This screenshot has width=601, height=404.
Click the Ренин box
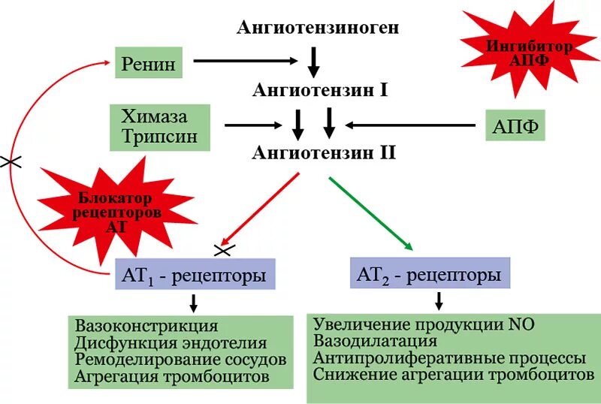pos(149,65)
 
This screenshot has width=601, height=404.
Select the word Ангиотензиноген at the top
pos(318,29)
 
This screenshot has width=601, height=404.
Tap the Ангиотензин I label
pos(319,92)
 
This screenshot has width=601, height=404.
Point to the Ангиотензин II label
pos(323,153)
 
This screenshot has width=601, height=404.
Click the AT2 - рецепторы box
pos(429,275)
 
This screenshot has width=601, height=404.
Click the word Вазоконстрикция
pos(146,327)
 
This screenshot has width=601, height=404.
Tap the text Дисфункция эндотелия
pos(171,343)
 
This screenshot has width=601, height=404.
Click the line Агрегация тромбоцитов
pos(171,378)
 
